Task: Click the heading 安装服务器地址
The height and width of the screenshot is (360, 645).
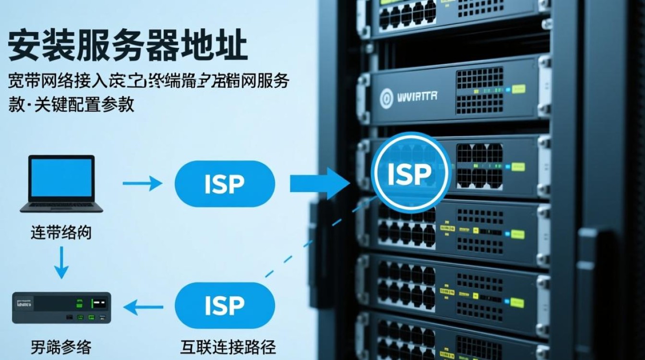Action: (128, 47)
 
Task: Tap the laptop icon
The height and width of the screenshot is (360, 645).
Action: (61, 184)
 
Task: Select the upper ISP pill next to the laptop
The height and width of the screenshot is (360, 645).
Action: (225, 184)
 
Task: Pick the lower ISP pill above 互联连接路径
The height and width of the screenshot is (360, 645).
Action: (225, 306)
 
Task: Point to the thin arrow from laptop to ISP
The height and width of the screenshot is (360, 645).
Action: (143, 183)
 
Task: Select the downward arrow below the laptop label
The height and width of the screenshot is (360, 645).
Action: (61, 262)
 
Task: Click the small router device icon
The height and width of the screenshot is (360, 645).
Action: (61, 308)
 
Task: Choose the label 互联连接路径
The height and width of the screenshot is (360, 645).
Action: (228, 347)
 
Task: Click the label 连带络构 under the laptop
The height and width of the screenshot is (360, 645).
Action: (61, 234)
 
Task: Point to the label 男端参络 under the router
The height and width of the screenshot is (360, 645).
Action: (61, 347)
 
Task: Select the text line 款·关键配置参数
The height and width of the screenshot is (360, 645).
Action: (72, 104)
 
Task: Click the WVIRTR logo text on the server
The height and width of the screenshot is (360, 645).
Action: (417, 96)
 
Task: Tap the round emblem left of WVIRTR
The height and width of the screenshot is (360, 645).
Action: (386, 97)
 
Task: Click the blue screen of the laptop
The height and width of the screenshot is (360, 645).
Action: (61, 178)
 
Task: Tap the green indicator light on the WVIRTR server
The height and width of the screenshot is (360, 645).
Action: (519, 89)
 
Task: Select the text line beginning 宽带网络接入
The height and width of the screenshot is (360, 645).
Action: (149, 81)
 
